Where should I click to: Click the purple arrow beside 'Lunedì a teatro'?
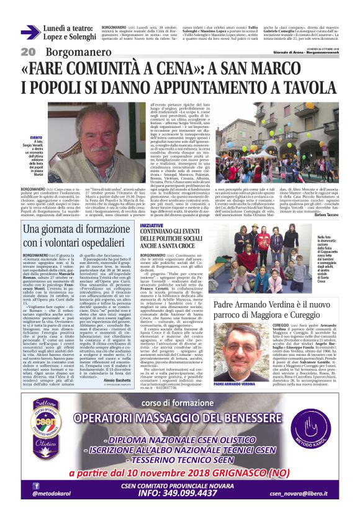point(30,32)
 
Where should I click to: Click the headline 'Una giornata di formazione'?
point(79,229)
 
